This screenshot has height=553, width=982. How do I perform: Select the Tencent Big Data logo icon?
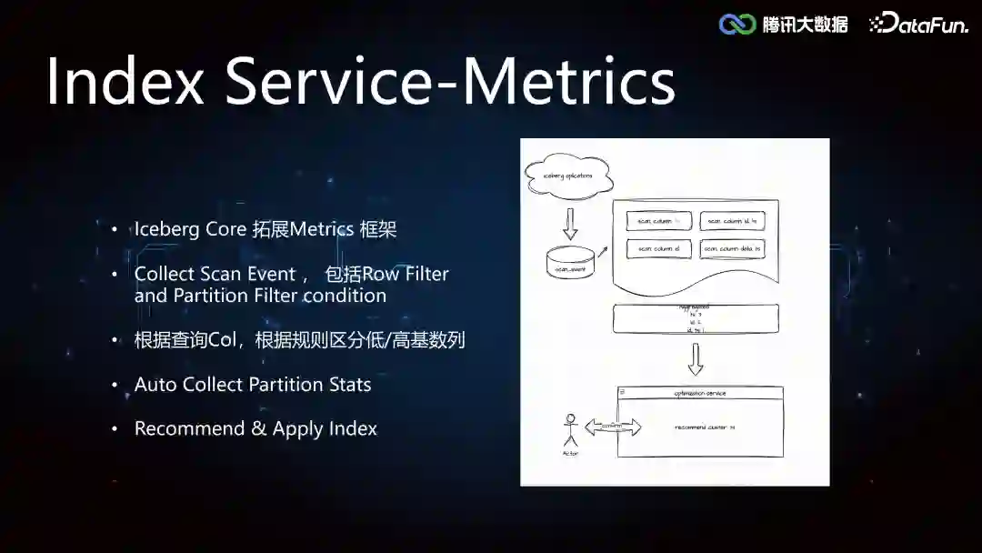click(737, 25)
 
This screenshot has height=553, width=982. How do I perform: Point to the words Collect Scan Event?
click(215, 274)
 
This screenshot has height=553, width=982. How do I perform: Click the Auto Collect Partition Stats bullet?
click(253, 385)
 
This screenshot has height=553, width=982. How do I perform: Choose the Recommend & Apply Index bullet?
click(256, 428)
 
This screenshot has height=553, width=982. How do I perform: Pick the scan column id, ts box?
click(734, 221)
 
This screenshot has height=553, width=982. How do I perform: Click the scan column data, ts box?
click(734, 248)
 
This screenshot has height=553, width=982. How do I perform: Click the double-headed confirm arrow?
click(612, 427)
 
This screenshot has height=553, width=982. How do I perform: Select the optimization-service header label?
click(699, 393)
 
